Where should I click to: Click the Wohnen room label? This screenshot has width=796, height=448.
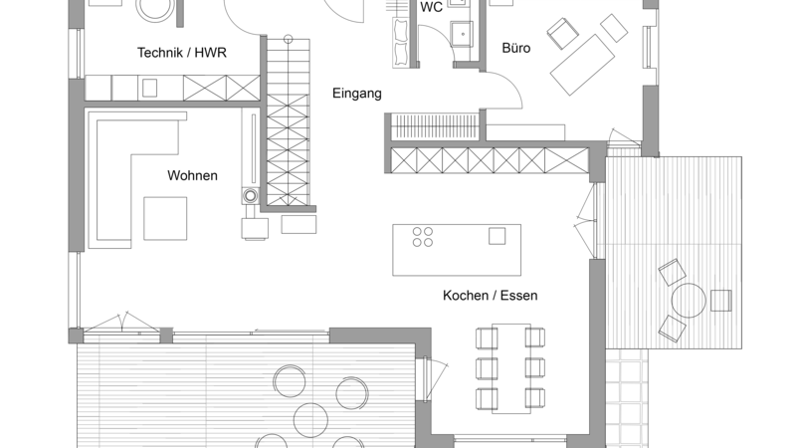click(x=192, y=176)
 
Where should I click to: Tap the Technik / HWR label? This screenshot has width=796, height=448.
click(x=182, y=53)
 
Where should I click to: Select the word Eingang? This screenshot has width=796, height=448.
click(x=357, y=94)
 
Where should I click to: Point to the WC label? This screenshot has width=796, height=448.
click(x=432, y=7)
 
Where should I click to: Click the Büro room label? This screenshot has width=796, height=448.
click(x=516, y=48)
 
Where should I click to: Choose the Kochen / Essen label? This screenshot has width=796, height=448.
click(x=490, y=296)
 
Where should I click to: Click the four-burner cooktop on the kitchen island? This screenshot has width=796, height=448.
click(x=422, y=237)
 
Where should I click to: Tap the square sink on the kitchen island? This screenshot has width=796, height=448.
click(x=497, y=236)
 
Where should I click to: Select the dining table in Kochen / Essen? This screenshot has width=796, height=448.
click(x=511, y=368)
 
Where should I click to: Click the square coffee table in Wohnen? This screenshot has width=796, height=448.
click(x=165, y=218)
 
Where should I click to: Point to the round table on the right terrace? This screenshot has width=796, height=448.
click(x=689, y=301)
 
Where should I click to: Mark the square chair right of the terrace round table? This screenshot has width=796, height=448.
click(x=720, y=301)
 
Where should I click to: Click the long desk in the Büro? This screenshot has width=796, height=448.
click(x=583, y=65)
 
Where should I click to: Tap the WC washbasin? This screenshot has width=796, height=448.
click(x=462, y=34)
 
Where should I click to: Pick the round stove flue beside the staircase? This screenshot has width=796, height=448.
click(x=251, y=195)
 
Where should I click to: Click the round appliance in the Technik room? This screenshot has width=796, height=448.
click(x=155, y=8)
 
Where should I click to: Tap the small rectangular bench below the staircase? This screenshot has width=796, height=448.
click(x=299, y=225)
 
